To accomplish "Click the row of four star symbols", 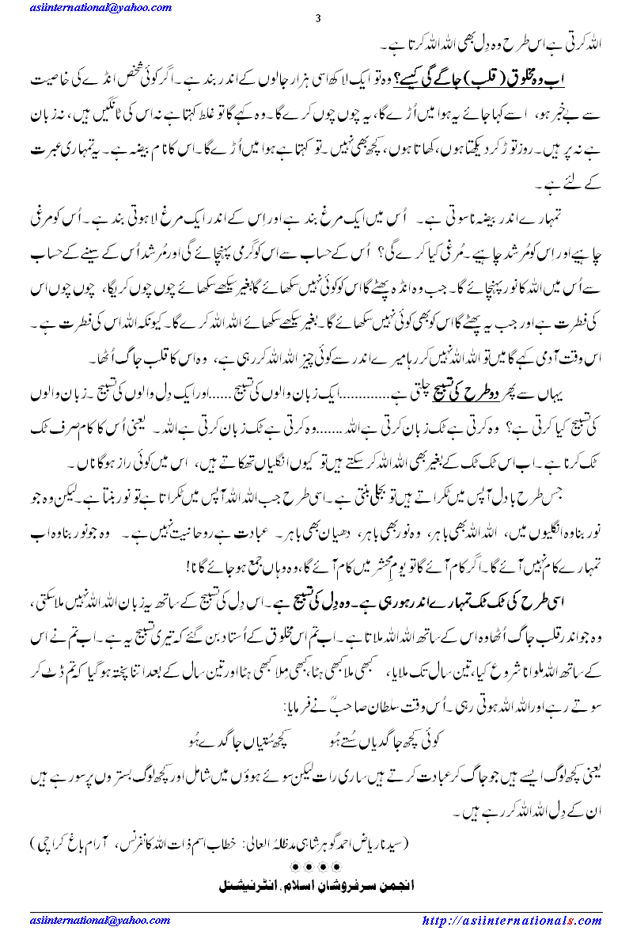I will [316, 868].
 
